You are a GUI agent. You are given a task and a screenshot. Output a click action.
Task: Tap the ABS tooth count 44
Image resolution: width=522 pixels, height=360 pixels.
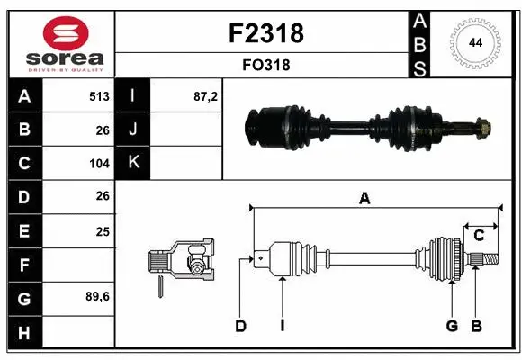click(474, 42)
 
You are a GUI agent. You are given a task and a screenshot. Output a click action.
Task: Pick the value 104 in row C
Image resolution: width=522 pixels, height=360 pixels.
click(98, 164)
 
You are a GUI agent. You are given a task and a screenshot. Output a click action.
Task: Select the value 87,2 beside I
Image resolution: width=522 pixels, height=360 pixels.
click(206, 96)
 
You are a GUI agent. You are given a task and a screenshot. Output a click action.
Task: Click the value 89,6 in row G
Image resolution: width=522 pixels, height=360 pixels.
click(97, 296)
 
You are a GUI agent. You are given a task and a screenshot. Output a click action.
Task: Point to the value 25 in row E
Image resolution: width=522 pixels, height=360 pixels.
click(103, 231)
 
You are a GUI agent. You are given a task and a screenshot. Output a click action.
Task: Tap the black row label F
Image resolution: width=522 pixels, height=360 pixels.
click(23, 265)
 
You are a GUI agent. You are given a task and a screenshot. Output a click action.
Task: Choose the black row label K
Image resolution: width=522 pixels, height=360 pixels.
click(133, 163)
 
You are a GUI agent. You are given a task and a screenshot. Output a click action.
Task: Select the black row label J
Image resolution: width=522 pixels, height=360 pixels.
click(133, 130)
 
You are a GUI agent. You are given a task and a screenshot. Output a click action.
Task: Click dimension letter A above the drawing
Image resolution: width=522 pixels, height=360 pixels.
click(364, 199)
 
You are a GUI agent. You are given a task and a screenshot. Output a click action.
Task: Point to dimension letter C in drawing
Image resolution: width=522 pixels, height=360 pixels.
click(479, 236)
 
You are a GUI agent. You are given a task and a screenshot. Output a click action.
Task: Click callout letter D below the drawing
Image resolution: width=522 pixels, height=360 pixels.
click(240, 326)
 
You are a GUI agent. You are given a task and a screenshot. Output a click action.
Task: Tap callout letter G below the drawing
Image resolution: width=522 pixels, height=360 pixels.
click(452, 326)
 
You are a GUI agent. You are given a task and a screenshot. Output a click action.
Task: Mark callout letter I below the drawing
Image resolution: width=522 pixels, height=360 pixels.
click(282, 326)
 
